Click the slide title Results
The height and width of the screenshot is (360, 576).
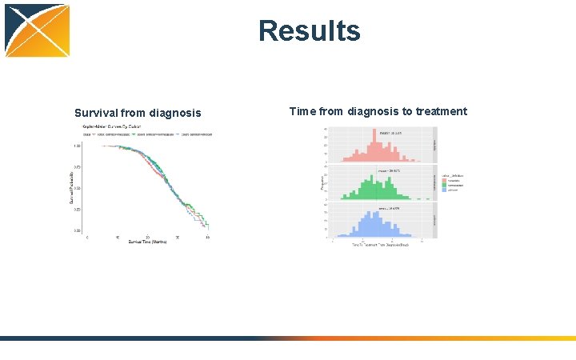(x=309, y=31)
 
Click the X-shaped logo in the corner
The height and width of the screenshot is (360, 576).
(x=37, y=30)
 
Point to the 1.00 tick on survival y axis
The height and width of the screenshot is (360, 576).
(x=76, y=146)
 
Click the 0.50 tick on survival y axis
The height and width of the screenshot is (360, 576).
(x=76, y=188)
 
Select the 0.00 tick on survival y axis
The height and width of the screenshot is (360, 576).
(x=76, y=230)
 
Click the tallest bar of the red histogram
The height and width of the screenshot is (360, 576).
(x=374, y=143)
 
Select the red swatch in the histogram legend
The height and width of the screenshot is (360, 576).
(x=444, y=180)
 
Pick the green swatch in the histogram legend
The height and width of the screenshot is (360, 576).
(x=444, y=185)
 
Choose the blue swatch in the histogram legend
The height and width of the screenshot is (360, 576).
(x=444, y=190)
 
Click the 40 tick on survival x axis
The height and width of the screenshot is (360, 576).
(x=208, y=237)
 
